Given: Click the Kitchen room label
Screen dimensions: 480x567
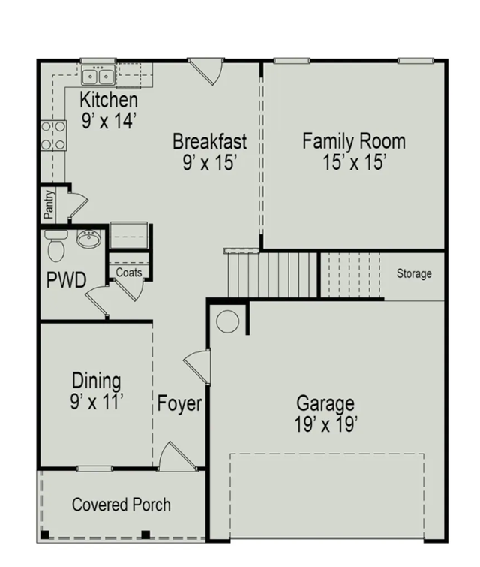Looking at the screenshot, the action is pos(109,100).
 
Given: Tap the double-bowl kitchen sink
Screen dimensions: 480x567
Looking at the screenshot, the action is pos(98,76).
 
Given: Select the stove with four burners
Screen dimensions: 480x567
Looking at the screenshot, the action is pos(53,136).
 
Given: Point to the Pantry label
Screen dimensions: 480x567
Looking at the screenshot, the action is pos(49,204).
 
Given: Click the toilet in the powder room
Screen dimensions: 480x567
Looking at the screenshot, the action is pos(56,244).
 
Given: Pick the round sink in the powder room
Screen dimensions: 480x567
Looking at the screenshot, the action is pos(88,239).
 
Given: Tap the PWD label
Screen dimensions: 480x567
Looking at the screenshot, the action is pos(67,280).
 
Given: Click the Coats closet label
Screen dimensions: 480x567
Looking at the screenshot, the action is pos(129,273).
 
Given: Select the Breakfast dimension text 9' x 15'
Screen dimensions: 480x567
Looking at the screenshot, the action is pos(209,162).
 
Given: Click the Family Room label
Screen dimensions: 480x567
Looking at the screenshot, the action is pos(354,141).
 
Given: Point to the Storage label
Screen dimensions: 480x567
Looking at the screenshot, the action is pos(414,273).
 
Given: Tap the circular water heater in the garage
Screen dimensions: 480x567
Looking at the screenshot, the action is pos(227,321).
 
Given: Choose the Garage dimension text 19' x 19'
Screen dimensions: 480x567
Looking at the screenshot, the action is pos(325,424).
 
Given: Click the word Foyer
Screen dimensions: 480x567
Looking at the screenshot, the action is pos(179,403).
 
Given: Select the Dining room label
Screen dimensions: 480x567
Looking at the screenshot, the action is pos(97,381).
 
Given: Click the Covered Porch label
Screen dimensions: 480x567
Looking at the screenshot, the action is pos(121,505).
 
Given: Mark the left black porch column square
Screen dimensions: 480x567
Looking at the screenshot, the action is pos(45,535).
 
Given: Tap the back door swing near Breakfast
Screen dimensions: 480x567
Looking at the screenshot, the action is pos(205,71).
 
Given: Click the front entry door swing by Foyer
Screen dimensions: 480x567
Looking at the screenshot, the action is pos(178,457).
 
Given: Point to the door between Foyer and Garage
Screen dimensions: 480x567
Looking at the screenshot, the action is pos(197,366).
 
